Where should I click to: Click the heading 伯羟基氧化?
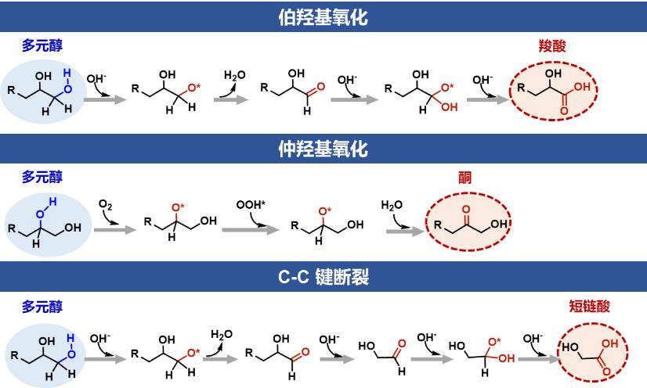[323, 17]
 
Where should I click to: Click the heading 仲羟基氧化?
[323, 149]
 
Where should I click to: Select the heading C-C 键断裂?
[323, 277]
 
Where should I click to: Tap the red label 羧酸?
[552, 45]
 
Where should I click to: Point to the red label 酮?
[464, 178]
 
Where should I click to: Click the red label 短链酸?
[589, 306]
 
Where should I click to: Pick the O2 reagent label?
[105, 204]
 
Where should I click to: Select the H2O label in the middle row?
[392, 205]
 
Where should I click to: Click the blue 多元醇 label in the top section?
[42, 45]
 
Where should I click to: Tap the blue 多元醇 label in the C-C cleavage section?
[42, 307]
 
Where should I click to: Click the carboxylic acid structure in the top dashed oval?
[554, 91]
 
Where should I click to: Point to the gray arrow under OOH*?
[251, 229]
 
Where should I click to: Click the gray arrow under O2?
[114, 229]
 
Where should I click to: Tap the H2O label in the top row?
[235, 75]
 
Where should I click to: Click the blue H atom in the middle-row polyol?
[52, 201]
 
